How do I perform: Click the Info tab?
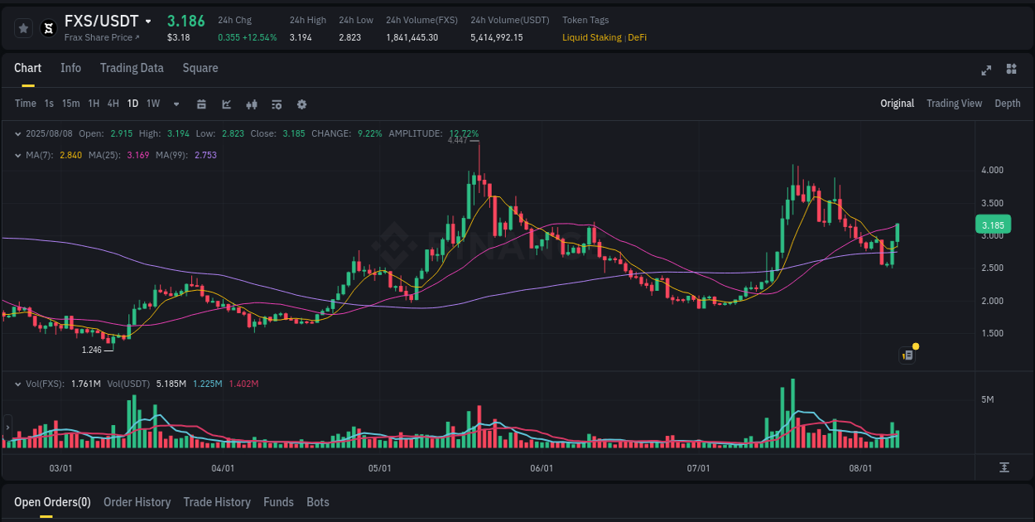pos(70,68)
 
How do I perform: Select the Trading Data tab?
pos(132,68)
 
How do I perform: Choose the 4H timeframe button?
pos(113,104)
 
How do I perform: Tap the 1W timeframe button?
pos(153,104)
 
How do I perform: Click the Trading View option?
pos(954,104)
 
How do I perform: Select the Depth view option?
pos(1007,104)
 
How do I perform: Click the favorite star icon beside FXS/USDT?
pos(24,28)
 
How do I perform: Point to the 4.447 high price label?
pos(457,140)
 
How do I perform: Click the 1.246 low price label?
pos(92,350)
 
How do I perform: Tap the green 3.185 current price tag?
pos(993,225)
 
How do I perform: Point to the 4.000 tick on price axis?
pos(992,171)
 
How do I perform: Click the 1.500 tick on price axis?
pos(992,333)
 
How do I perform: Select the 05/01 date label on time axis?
pos(379,468)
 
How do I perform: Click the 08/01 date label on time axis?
pos(860,468)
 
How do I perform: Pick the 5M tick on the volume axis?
pos(987,399)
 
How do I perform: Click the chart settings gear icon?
pos(301,104)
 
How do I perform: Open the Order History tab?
pos(137,502)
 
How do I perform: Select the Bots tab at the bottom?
pos(317,502)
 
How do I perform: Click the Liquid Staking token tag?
pos(591,37)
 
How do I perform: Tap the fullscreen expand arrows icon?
pos(985,70)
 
